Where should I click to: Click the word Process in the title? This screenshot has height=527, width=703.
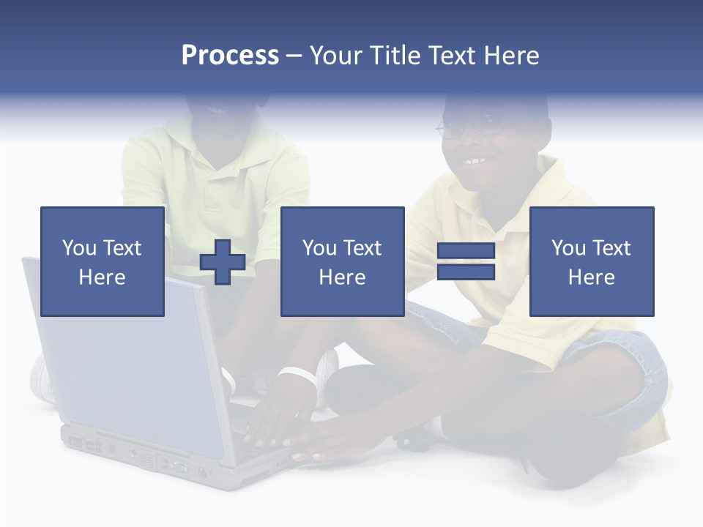230,56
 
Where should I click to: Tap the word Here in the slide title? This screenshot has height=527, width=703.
510,56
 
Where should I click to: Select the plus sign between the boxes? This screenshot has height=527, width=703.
223,261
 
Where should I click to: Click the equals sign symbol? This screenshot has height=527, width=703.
466,261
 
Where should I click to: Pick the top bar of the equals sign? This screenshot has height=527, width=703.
466,251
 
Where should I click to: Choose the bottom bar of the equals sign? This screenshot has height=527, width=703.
466,272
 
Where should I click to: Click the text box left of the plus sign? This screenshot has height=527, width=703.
103,261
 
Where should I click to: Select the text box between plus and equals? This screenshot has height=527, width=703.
343,261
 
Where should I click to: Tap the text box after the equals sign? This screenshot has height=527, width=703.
592,261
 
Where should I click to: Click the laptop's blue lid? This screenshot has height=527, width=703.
124,351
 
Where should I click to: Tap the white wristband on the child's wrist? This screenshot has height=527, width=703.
299,374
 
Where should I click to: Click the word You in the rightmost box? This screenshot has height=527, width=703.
568,248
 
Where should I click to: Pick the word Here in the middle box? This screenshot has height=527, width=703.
343,277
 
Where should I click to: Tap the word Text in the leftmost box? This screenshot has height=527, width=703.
122,248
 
